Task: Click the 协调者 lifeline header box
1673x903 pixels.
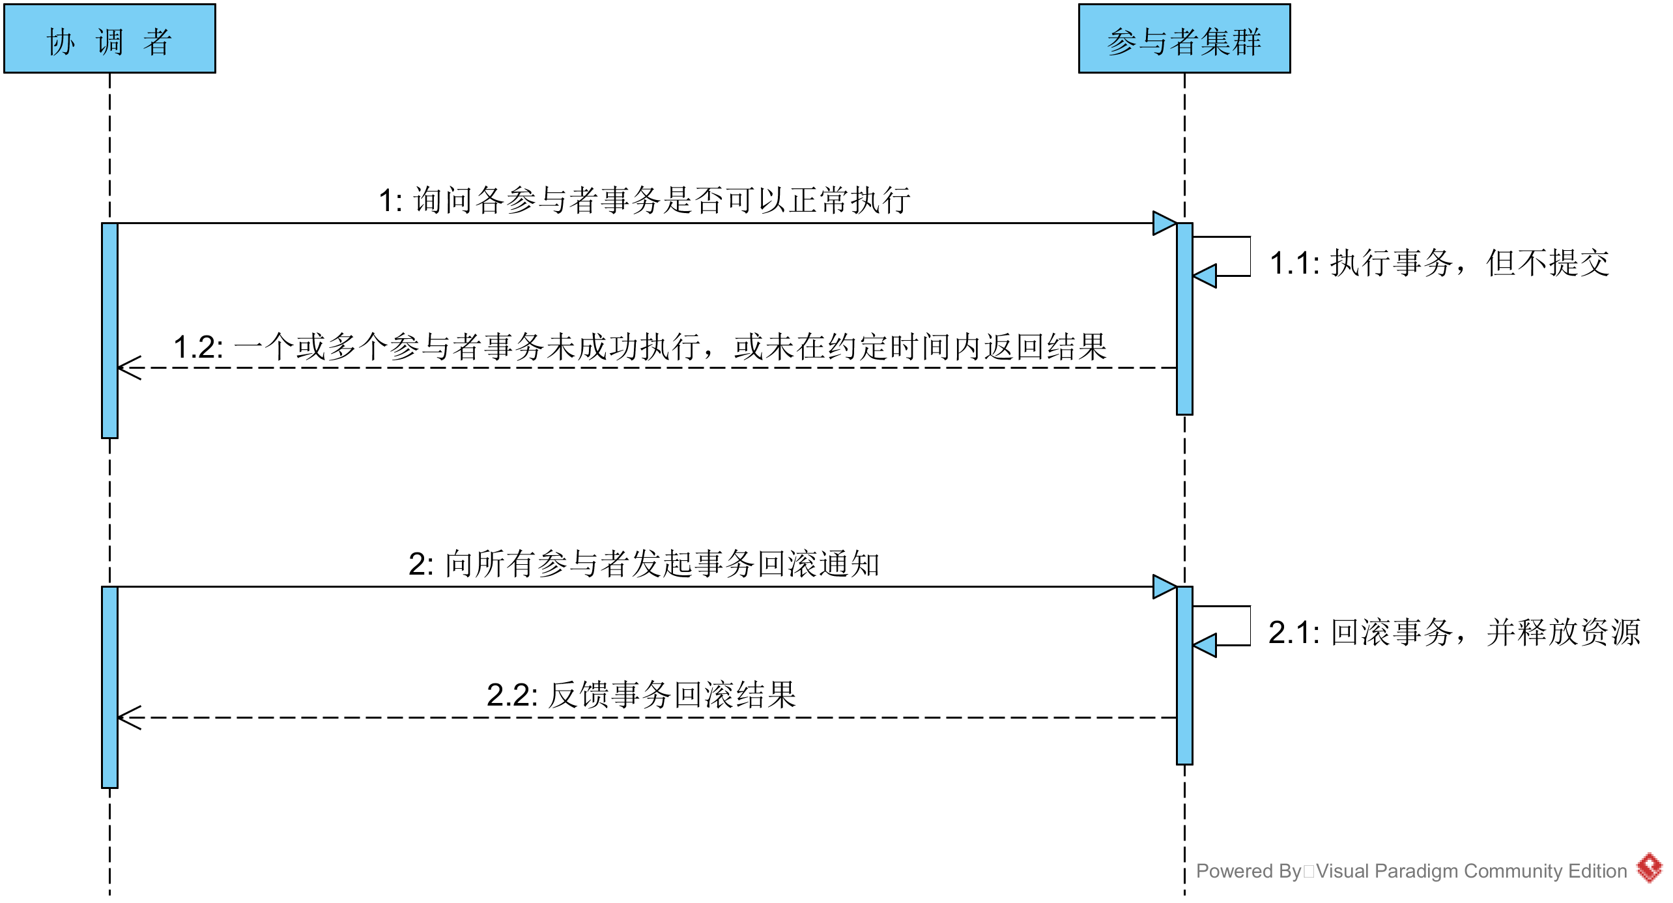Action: tap(109, 39)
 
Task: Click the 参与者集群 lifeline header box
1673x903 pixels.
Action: tap(1184, 39)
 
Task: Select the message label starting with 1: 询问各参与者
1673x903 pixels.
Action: tap(644, 200)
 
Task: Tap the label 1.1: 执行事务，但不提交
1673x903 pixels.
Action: tap(1439, 263)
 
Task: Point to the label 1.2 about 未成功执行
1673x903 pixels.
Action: tap(640, 347)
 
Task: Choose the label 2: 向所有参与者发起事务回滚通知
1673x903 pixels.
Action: tap(644, 564)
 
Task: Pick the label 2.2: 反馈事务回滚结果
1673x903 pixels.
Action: tap(641, 695)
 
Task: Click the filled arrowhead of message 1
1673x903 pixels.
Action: tap(1164, 223)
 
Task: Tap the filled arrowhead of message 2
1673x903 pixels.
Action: tap(1164, 586)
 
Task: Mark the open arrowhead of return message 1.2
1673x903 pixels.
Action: tap(129, 368)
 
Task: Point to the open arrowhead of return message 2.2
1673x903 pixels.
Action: tap(129, 718)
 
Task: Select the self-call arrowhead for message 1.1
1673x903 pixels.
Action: tap(1205, 276)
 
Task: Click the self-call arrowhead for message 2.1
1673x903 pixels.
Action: tap(1205, 645)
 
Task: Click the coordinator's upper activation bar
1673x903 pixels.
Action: tap(109, 330)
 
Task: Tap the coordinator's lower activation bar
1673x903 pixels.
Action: tap(109, 687)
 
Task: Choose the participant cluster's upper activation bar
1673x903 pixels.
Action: tap(1184, 319)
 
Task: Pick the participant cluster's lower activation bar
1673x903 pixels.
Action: tap(1184, 675)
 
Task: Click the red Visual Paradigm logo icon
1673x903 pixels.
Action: tap(1650, 868)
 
